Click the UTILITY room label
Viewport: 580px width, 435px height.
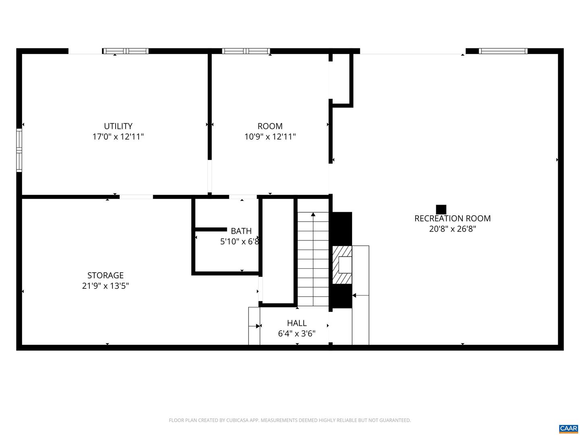(x=118, y=126)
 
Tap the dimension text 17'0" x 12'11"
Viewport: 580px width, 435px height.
(x=118, y=137)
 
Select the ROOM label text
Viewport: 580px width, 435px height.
(x=270, y=126)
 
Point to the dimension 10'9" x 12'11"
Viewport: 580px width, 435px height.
(x=270, y=137)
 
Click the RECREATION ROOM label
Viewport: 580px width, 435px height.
(x=452, y=218)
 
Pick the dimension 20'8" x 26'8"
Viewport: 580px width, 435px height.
(x=452, y=229)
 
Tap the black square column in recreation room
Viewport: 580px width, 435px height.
(x=441, y=209)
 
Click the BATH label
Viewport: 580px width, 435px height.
(x=241, y=231)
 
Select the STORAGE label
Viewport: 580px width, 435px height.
(x=106, y=275)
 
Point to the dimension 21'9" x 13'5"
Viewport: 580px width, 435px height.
(x=106, y=286)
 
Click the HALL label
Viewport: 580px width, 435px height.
(x=297, y=323)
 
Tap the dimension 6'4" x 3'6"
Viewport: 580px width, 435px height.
(x=297, y=333)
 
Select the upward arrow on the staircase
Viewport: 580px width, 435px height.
(x=313, y=215)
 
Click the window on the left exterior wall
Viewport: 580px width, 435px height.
(x=19, y=150)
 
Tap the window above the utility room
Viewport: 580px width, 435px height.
(x=125, y=51)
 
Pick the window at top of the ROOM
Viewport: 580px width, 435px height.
(x=246, y=51)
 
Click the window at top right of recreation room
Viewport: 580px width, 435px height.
(x=503, y=51)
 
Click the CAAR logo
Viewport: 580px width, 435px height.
(x=568, y=428)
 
